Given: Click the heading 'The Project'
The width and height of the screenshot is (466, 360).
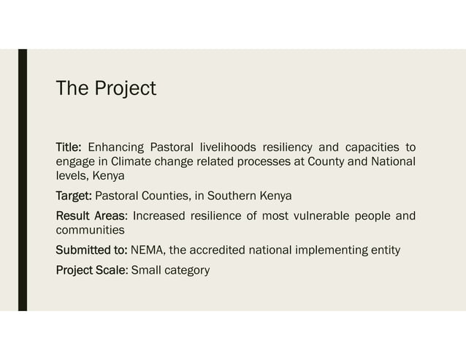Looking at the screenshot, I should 106,88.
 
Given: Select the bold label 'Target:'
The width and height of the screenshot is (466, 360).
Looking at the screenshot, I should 75,196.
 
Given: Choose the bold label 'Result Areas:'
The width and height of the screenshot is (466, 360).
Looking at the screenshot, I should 92,215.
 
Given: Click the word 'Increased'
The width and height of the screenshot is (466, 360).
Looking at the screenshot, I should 161,215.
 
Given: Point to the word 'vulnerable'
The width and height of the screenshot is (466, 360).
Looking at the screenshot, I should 320,215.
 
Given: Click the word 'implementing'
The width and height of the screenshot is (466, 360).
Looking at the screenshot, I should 326,250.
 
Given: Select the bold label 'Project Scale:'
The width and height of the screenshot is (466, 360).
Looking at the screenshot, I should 92,270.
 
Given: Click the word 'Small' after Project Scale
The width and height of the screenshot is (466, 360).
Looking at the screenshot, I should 146,270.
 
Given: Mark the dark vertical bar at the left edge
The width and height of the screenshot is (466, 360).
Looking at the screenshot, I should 22,180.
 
